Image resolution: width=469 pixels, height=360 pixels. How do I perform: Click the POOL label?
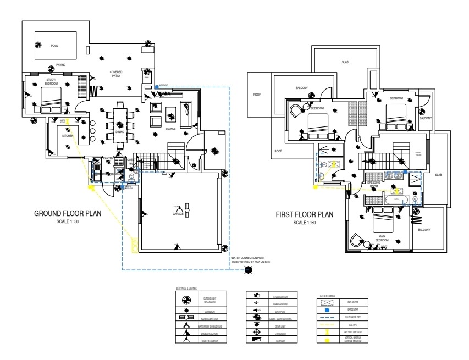pos(54,46)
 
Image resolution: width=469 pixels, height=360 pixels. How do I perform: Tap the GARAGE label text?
pos(178,214)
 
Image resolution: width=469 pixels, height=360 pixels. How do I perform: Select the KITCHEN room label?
pos(68,135)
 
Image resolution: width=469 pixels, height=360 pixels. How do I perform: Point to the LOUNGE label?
pos(170,129)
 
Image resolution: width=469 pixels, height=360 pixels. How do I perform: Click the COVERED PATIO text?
pos(116,74)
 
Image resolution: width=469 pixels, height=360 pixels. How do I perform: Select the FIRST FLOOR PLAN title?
pos(305,215)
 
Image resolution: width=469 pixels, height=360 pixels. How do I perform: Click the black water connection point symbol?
pos(248,269)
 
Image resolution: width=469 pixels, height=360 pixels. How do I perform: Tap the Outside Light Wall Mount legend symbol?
pos(186,300)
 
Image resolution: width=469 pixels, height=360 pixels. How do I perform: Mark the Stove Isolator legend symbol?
pos(256,296)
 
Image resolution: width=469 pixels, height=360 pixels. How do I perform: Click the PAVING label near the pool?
pos(60,65)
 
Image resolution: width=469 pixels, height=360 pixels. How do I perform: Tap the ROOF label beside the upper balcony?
pos(257,95)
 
